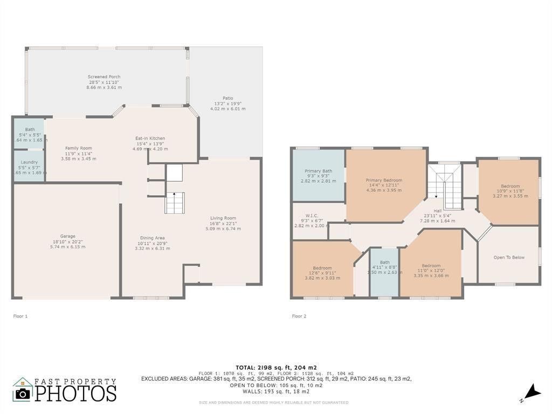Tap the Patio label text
click(227, 98)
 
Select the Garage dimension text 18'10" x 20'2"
click(67, 242)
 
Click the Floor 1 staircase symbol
click(175, 203)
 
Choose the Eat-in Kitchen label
click(150, 139)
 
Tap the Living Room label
click(223, 218)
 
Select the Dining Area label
click(153, 238)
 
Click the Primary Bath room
click(318, 176)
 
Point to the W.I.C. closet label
click(311, 215)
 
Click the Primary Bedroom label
click(384, 181)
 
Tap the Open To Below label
click(508, 258)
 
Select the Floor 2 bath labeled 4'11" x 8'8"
click(384, 267)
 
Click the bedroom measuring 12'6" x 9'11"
click(322, 268)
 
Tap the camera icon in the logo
click(23, 393)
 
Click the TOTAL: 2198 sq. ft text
click(275, 367)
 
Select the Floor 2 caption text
click(299, 316)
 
